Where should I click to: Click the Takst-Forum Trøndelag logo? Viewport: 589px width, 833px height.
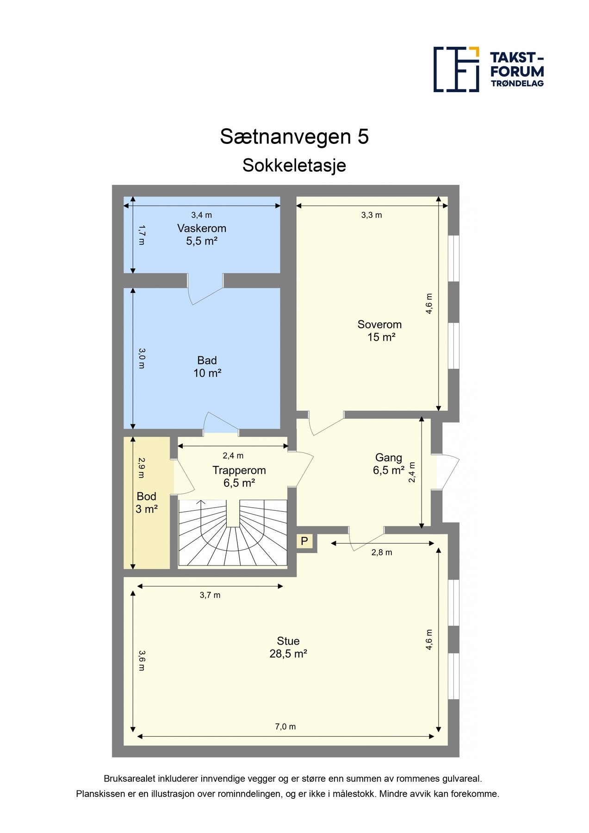[488, 69]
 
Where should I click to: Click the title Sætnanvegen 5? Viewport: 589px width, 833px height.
[294, 137]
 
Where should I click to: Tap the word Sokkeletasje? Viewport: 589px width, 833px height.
[294, 165]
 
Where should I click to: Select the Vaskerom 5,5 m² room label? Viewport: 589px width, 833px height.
[202, 235]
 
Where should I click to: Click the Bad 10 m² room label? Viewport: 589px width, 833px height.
[207, 367]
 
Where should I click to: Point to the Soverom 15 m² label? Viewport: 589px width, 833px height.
[379, 331]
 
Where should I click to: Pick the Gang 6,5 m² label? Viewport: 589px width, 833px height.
[388, 464]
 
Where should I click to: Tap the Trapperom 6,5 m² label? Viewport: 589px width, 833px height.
[239, 477]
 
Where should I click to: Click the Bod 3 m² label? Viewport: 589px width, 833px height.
[146, 503]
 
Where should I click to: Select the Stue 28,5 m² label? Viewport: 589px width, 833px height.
[288, 647]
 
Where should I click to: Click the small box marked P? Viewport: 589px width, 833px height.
[304, 541]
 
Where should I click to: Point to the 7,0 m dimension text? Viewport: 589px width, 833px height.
[285, 727]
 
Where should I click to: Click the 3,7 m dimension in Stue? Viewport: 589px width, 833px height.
[210, 595]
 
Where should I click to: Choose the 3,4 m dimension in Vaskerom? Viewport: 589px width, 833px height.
[202, 215]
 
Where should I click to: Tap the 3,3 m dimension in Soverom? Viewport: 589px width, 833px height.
[372, 215]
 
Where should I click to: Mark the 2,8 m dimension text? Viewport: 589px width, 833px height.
[382, 552]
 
